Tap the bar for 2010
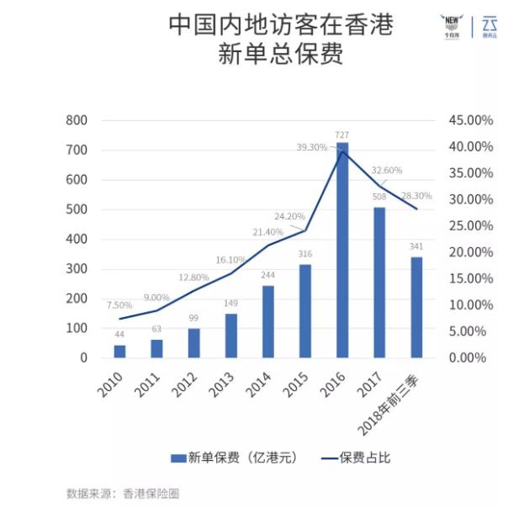point(119,351)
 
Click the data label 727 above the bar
point(342,135)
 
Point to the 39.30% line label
point(311,147)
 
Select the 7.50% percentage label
point(119,304)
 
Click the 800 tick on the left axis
point(77,120)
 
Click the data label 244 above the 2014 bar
point(267,275)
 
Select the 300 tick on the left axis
point(77,269)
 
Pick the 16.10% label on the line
point(230,261)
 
